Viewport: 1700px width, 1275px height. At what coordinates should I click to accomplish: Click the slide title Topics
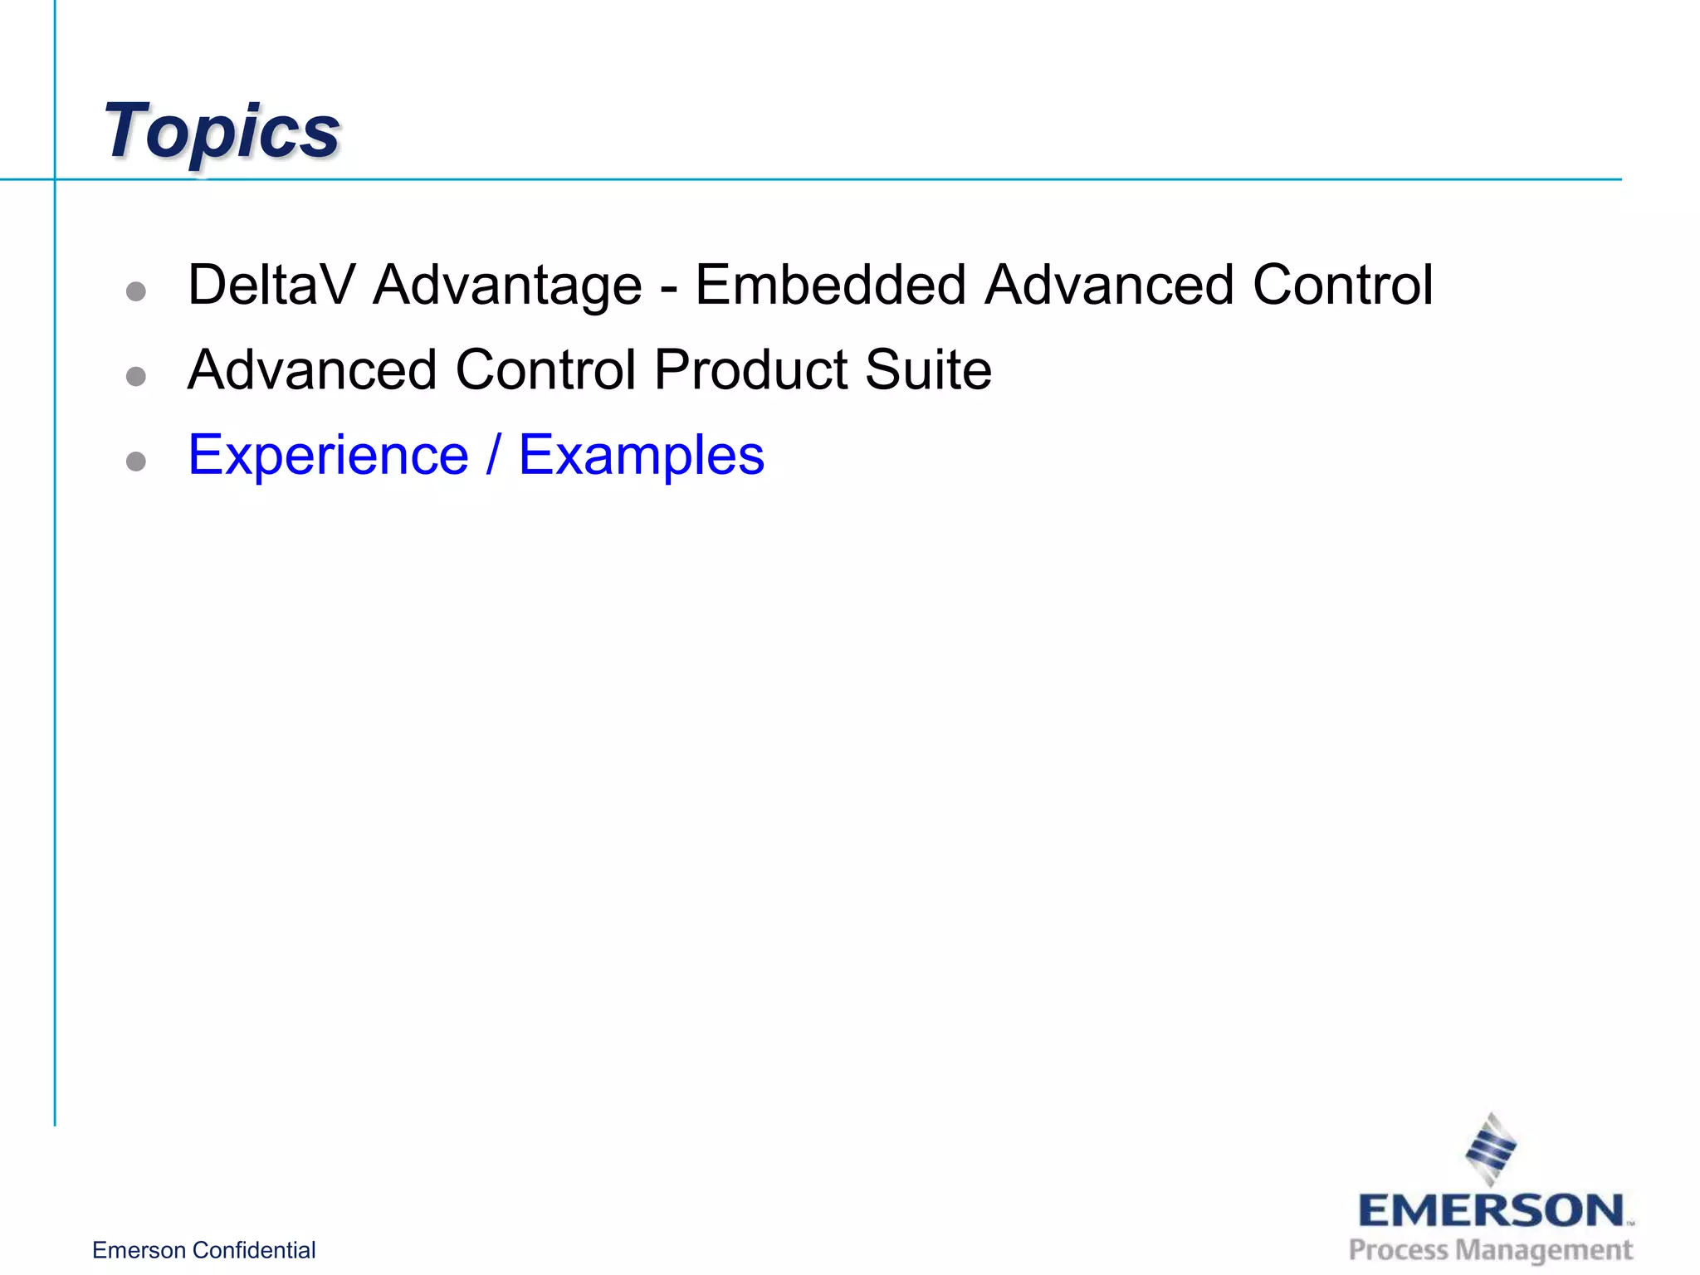(222, 131)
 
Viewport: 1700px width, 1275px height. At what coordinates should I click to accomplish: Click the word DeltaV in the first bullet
(271, 286)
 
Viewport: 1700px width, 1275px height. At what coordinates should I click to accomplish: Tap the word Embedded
(830, 286)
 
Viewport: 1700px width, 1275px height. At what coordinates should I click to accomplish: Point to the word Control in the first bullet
(1342, 286)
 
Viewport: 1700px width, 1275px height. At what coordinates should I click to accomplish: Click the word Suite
(928, 370)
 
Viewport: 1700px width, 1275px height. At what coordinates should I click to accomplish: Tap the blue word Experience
(329, 457)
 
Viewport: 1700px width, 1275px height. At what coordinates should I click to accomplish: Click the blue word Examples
(642, 457)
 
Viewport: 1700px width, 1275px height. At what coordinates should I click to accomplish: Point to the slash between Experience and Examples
(494, 455)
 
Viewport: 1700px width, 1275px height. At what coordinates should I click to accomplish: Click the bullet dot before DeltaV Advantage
(136, 291)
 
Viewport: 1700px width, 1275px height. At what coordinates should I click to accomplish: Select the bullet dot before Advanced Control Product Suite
(136, 377)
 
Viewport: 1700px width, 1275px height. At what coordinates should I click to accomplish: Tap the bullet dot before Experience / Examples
(136, 462)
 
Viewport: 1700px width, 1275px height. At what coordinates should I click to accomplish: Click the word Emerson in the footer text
(139, 1250)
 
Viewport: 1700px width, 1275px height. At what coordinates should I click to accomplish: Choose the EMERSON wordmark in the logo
(1492, 1211)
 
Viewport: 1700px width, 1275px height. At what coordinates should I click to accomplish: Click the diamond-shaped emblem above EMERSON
(1491, 1149)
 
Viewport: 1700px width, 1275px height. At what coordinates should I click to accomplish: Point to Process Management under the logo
(1491, 1250)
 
